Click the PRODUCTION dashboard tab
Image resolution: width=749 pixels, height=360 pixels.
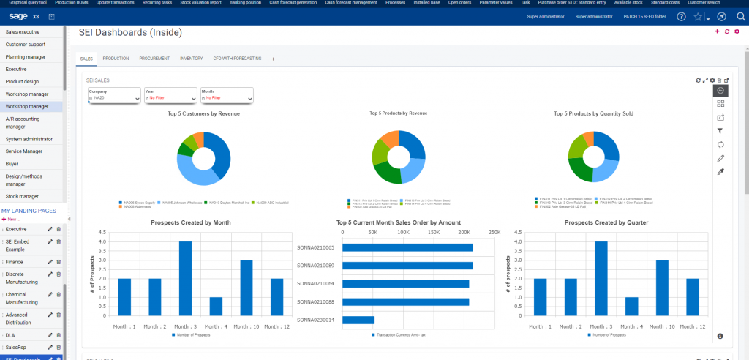[x=116, y=58]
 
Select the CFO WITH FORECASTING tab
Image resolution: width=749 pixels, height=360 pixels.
[x=237, y=58]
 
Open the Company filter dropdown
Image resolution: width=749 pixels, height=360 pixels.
[x=114, y=95]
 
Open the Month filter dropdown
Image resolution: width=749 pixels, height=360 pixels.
[x=227, y=95]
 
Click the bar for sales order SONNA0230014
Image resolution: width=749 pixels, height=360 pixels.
[x=358, y=320]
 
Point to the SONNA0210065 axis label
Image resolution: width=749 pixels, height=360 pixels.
[x=315, y=247]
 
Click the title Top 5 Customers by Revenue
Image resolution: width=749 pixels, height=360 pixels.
[x=203, y=113]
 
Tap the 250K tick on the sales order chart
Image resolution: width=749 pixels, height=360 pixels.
[x=494, y=232]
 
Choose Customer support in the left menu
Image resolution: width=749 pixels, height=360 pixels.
[x=26, y=44]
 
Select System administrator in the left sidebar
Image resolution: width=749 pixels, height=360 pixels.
[x=29, y=138]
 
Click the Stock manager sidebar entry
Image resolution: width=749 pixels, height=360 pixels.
[x=22, y=196]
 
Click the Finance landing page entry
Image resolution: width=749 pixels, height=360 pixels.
[x=15, y=261]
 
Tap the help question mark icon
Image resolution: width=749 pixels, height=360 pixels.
[x=682, y=16]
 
